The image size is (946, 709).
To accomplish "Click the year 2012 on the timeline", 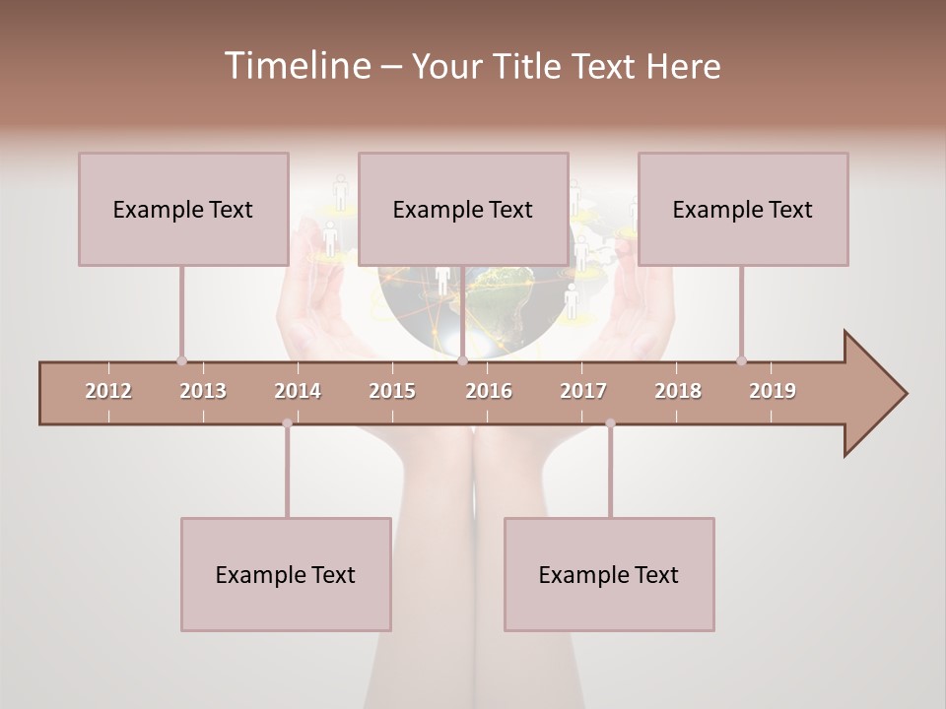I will coord(108,391).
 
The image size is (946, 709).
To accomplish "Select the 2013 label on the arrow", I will coord(203,391).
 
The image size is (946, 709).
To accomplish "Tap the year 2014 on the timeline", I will coord(298,391).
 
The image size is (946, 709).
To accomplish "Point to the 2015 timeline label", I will coord(392,391).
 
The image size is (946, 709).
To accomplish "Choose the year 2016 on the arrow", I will coord(489,391).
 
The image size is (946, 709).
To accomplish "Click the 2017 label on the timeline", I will coord(583,391).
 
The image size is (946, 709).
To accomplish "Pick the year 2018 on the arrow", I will coord(678,391).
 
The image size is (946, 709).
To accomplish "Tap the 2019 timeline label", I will coord(773,391).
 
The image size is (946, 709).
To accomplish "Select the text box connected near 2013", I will coord(183,209).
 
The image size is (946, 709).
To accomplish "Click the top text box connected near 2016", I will coord(463,209).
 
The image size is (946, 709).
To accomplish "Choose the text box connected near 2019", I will coord(743,209).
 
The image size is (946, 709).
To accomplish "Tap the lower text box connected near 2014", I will coord(286,574).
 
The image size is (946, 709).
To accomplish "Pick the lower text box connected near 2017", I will coord(609,574).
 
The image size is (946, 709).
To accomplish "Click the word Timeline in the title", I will coord(296,66).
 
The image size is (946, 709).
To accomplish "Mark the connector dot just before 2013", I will coord(181,360).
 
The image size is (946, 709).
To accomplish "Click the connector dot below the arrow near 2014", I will coord(287,423).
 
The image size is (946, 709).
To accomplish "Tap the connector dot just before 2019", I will coord(741,360).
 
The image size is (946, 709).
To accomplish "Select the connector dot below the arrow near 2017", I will coord(610,423).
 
